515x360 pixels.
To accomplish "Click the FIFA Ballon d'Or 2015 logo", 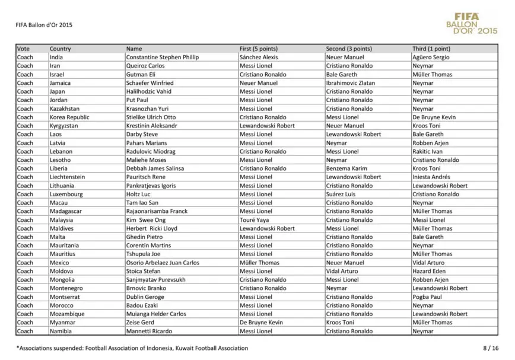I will (472, 23).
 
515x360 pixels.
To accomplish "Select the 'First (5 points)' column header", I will (259, 49).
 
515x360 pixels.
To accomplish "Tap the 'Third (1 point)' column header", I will (431, 49).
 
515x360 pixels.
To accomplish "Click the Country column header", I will (61, 49).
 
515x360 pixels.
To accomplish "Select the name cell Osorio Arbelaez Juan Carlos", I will (163, 263).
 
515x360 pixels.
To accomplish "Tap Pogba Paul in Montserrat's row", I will (427, 297).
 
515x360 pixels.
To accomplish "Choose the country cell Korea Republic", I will (69, 117).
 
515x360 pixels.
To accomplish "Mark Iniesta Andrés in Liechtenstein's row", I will (432, 177).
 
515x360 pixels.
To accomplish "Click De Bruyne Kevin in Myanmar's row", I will (261, 323).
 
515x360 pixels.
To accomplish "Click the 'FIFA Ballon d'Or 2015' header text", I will (44, 26).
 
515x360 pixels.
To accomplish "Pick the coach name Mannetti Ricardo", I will (149, 332).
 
